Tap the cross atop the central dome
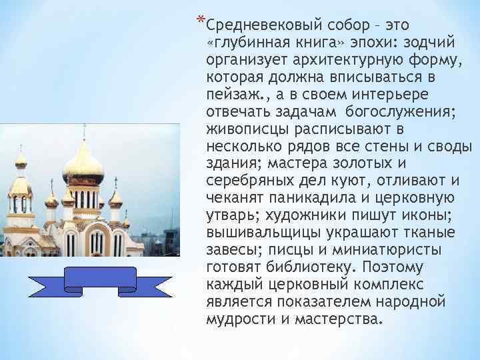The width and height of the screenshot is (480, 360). pos(84,131)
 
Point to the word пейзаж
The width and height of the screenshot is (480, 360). pos(230,95)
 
